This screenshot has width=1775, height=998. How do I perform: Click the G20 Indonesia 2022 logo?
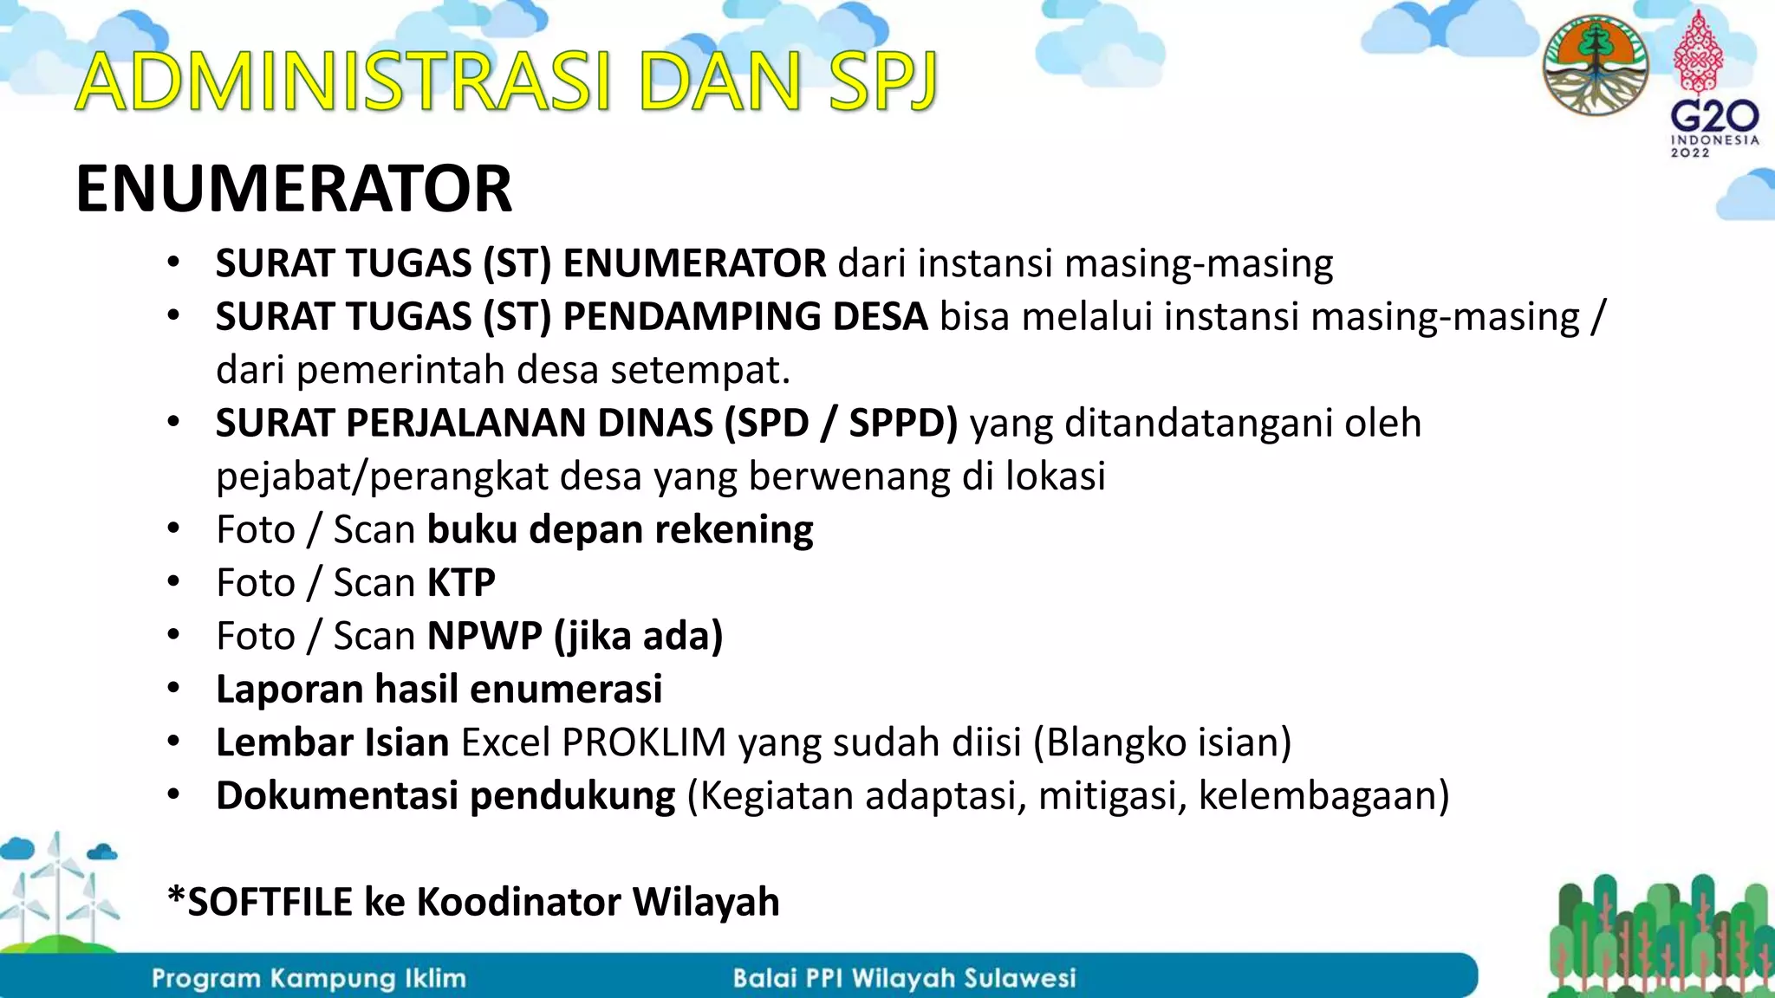pos(1713,87)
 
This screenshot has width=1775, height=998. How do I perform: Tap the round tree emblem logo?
pos(1595,65)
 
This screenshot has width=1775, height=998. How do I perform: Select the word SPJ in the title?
pos(882,82)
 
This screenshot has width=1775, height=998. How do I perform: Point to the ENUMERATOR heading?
pos(294,189)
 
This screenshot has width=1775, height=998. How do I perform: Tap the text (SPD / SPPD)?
pos(841,424)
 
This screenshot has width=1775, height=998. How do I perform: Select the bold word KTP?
pos(461,583)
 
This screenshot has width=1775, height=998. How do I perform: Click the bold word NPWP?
pos(484,637)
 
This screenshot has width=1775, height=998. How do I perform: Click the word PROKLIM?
pos(644,743)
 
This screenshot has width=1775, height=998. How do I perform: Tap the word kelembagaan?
pos(1323,796)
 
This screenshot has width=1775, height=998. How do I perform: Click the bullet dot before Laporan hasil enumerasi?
pos(173,690)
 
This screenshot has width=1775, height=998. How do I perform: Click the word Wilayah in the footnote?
pos(705,903)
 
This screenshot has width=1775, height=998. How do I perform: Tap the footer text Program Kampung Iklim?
pos(309,979)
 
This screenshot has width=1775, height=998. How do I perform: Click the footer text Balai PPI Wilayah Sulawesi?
pos(904,979)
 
